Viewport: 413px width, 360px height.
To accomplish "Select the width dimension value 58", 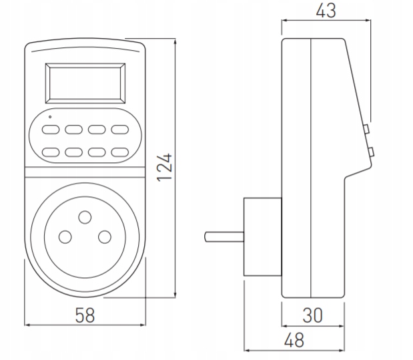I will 84,315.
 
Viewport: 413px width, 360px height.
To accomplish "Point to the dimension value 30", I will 313,316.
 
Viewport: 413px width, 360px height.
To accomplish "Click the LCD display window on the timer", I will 85,81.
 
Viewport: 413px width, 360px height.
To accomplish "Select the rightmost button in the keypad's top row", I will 119,130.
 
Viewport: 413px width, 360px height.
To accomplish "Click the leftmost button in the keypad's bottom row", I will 51,152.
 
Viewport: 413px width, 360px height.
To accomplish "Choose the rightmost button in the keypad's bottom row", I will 119,152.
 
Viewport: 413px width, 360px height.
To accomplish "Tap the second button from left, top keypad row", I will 73,130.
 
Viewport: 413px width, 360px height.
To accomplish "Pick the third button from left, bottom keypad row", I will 97,152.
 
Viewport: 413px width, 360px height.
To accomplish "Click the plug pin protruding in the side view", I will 224,236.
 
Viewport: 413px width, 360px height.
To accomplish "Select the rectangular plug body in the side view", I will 262,237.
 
